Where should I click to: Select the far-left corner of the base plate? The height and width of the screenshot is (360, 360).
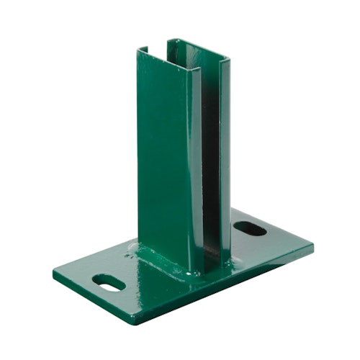point(53,271)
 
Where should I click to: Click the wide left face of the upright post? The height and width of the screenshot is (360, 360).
point(164,158)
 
